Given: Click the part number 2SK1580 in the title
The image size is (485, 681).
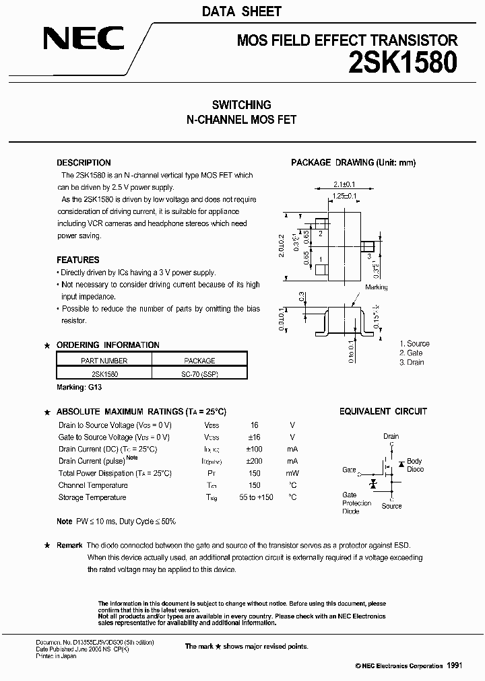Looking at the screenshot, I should pos(403,63).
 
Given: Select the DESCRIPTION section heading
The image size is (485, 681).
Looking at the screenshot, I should pos(84,163).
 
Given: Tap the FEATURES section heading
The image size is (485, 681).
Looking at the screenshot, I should pos(78,260).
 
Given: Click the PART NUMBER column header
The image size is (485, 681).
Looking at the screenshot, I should pos(104,361).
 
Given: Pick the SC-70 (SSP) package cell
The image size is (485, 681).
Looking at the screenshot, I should pos(199,373).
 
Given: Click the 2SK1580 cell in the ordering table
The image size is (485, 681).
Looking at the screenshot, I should pos(104,373).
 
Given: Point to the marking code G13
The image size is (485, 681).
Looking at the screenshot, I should pos(95,388).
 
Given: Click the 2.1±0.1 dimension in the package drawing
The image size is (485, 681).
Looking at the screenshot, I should pos(345,184).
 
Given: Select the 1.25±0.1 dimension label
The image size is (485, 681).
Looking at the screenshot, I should pos(344,196).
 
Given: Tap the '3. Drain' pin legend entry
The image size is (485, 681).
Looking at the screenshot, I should pos(411,362).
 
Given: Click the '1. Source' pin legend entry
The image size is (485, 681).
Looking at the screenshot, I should pos(414,343).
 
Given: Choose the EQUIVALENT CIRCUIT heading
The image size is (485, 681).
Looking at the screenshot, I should pos(383,411).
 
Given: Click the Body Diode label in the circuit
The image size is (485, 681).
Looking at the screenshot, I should pos(415,465).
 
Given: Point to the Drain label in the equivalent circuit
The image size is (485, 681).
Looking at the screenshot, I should pos(391,436).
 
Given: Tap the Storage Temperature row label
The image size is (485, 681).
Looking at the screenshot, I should pos(92,497).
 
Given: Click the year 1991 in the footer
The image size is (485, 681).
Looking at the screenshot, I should pos(455,665).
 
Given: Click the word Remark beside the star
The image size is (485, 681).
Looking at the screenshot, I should pos(69,545).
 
